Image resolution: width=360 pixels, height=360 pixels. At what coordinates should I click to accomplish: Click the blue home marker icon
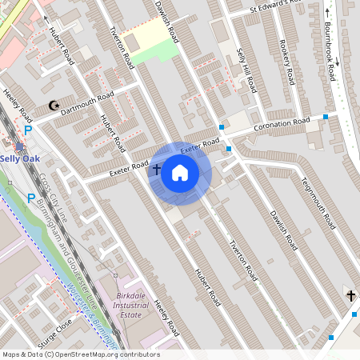(x=180, y=173)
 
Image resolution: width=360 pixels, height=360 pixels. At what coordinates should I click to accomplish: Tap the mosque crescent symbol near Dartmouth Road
(x=54, y=106)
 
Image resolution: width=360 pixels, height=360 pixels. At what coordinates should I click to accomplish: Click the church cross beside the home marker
(x=157, y=170)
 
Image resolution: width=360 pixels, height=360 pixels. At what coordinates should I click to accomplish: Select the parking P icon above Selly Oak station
(x=28, y=130)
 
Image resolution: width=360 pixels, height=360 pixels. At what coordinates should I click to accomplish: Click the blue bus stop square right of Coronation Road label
(x=326, y=118)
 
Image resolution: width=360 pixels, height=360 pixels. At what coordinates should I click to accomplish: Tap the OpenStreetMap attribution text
(x=80, y=354)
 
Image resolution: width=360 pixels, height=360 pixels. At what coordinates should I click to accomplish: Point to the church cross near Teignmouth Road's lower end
(x=350, y=296)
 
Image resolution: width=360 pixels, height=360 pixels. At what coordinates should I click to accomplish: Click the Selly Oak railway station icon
(x=18, y=146)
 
